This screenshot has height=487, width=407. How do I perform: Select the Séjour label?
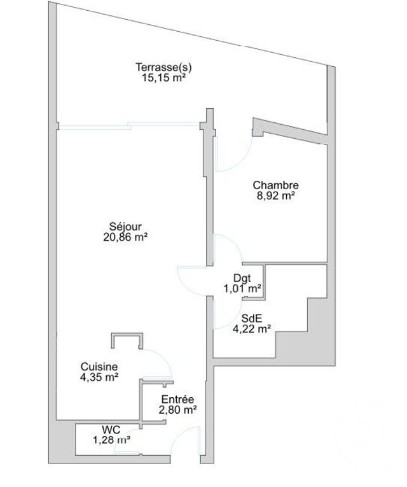click(125, 226)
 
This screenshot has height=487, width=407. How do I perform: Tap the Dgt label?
click(242, 278)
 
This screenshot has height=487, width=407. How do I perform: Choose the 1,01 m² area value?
click(242, 288)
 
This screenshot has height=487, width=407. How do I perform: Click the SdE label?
click(251, 319)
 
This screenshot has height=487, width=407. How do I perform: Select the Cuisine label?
click(99, 367)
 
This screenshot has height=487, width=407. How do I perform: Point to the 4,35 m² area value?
click(99, 377)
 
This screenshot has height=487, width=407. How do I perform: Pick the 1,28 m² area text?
click(112, 439)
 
